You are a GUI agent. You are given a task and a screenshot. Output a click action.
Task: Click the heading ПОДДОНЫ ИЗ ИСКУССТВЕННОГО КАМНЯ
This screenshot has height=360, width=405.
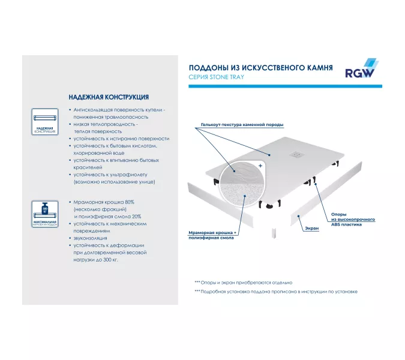(x=260, y=68)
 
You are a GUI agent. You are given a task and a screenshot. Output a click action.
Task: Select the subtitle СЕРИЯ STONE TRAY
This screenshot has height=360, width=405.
(x=216, y=77)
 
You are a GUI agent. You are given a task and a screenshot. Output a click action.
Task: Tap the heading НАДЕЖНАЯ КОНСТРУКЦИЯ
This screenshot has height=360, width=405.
(x=109, y=97)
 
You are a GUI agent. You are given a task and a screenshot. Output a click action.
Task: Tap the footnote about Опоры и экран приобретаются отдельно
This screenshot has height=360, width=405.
(x=243, y=282)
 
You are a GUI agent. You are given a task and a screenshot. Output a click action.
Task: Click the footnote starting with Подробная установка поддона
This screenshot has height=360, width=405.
(x=275, y=292)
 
